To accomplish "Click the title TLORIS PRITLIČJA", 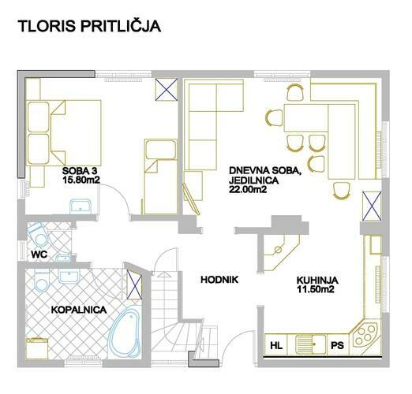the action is point(89,26).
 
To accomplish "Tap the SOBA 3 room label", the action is point(80,171).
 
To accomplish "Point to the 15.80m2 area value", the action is point(81,180).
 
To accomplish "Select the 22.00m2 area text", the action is point(248,189).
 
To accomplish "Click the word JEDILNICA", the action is point(253,180).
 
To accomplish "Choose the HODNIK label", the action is point(219,280).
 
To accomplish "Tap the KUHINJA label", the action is point(317,281).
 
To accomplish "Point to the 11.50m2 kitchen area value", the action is point(316,289).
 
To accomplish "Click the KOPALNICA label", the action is point(79,310).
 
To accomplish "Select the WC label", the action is point(39,255).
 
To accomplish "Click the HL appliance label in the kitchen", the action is point(276,345).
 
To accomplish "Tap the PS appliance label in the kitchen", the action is point(337,345).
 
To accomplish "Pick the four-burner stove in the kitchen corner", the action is point(365,335).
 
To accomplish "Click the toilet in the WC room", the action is point(39,234).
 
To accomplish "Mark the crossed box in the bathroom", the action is point(134,284).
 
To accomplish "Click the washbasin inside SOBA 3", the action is point(81,206).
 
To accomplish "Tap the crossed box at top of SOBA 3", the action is point(166,89).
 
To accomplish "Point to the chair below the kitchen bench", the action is point(342,191).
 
